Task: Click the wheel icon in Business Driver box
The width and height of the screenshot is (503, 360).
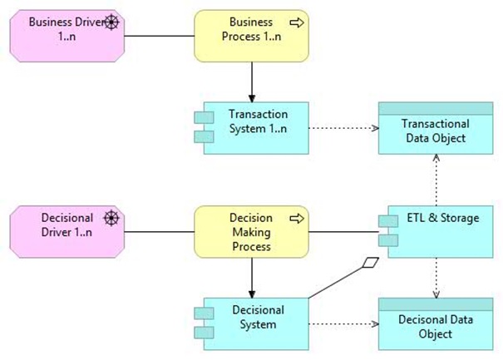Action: coord(111,22)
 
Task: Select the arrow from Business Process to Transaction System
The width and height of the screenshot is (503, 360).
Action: coord(250,81)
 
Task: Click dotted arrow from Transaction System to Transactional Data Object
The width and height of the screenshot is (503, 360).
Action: coord(343,129)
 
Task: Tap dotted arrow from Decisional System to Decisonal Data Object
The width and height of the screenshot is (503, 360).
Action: coord(343,323)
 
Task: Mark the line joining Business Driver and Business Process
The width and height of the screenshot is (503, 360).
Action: coord(159,37)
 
